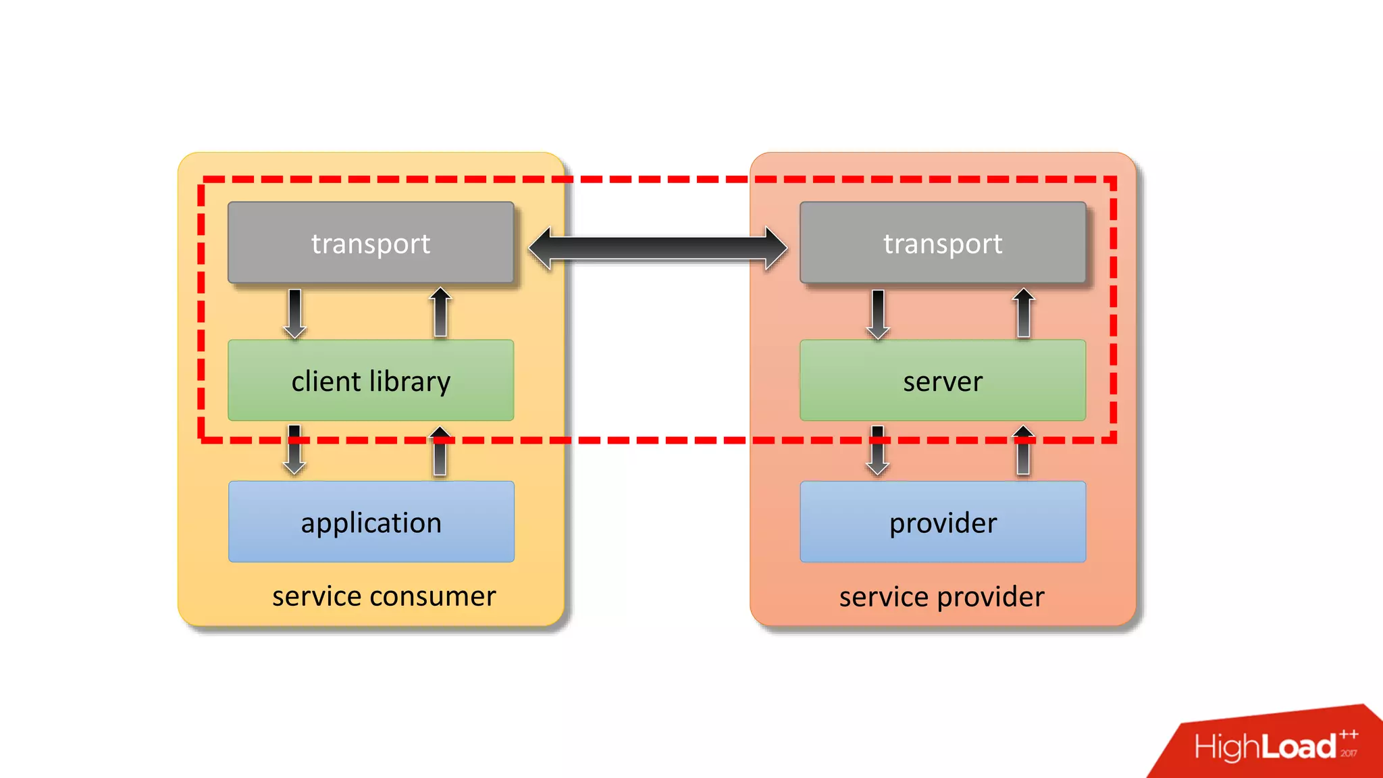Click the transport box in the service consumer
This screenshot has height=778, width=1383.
[371, 242]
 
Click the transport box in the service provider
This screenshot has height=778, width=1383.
[943, 242]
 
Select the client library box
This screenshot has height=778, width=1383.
[371, 380]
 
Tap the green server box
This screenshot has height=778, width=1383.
[943, 380]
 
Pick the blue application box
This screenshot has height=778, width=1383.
[371, 521]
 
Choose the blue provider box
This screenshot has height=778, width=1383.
[943, 521]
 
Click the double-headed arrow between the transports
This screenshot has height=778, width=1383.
[658, 249]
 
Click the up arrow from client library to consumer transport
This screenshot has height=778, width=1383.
[440, 312]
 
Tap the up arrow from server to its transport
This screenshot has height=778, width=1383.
[1023, 313]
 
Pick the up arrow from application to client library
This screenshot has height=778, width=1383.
[440, 450]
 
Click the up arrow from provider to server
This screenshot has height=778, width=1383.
[1023, 450]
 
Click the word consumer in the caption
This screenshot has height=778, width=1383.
[432, 596]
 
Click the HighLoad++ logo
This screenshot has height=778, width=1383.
[1273, 746]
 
